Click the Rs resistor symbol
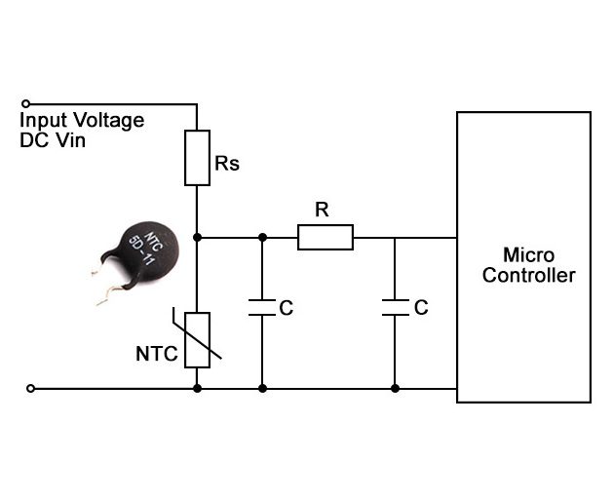197,157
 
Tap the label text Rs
227,164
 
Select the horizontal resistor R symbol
325,237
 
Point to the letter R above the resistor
322,209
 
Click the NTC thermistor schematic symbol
197,339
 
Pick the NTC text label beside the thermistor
157,354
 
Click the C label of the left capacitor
286,308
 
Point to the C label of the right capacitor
420,308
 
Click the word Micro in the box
528,255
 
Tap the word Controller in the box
528,276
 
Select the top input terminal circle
26,103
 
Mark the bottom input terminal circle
30,388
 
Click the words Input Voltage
82,121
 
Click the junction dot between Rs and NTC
197,237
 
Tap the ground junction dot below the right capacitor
395,388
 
